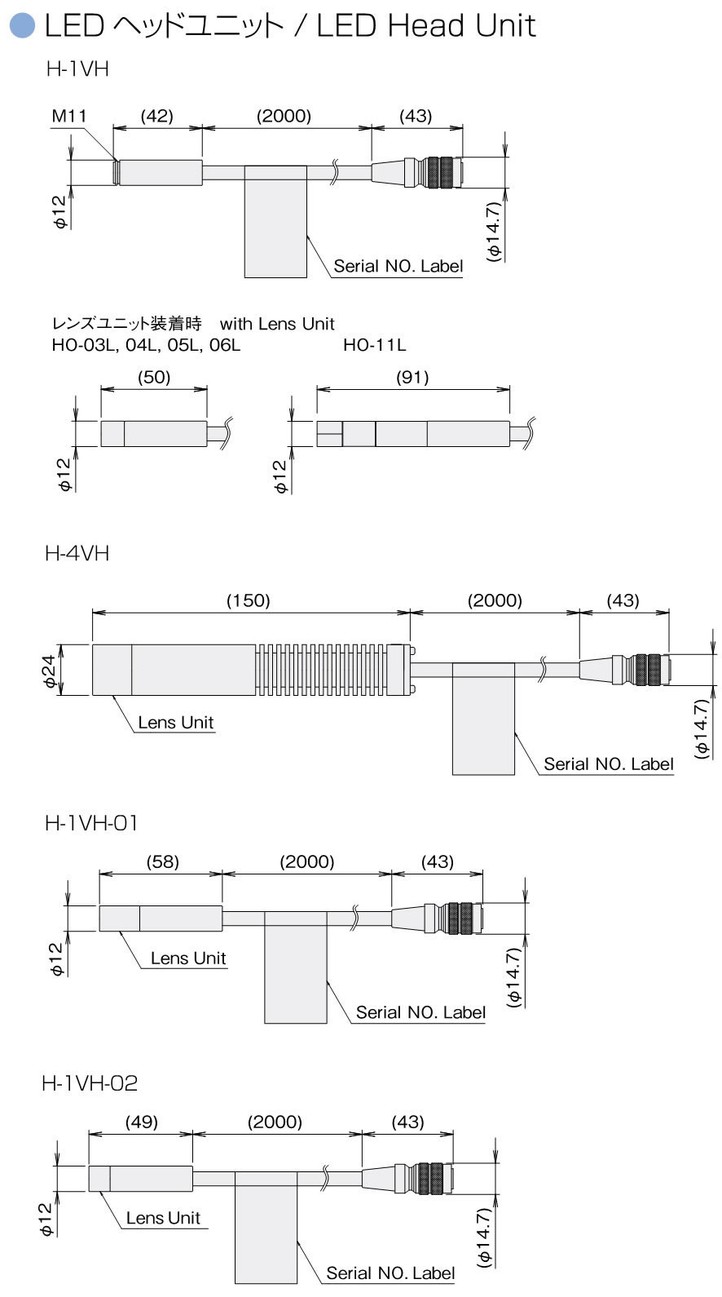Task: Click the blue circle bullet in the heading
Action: click(23, 26)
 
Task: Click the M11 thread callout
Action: click(68, 117)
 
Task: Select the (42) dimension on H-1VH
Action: click(157, 117)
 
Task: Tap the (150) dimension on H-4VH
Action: click(249, 600)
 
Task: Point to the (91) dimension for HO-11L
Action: click(412, 378)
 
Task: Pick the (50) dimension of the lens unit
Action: click(154, 378)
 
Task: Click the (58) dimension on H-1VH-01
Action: click(162, 861)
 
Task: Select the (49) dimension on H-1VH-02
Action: click(142, 1122)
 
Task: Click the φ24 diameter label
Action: click(50, 671)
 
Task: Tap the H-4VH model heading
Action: click(77, 554)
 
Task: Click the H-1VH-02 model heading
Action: click(90, 1083)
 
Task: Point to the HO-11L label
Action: click(374, 345)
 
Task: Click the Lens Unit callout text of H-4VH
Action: click(176, 723)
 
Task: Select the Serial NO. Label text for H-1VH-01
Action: click(420, 1012)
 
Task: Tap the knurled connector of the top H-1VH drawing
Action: click(439, 173)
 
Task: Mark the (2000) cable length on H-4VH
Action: click(495, 600)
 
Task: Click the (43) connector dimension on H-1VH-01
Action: click(438, 861)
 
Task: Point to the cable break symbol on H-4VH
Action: click(544, 670)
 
